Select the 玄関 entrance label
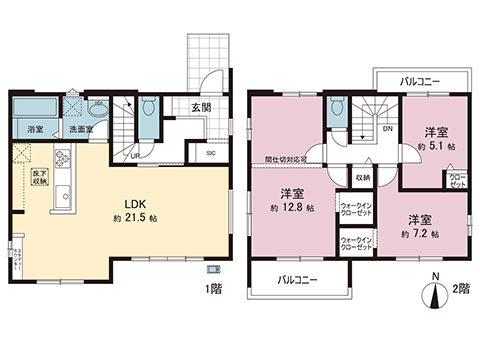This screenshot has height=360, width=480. tap(201, 107)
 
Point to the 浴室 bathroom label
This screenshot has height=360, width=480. tap(35, 129)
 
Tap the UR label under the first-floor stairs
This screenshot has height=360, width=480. tap(136, 154)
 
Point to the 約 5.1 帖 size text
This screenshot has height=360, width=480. tap(437, 146)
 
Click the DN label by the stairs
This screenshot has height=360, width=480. tap(387, 128)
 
